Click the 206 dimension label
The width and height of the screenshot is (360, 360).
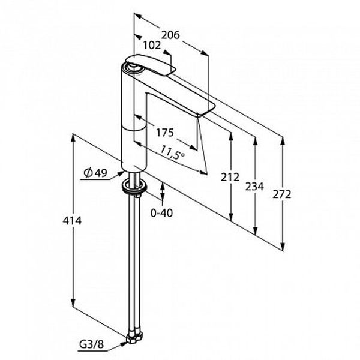pyautogui.click(x=170, y=35)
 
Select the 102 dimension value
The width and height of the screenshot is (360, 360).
pyautogui.click(x=152, y=46)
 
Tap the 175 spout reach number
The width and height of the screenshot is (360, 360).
pyautogui.click(x=165, y=133)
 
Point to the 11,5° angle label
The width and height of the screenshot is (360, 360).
pyautogui.click(x=172, y=152)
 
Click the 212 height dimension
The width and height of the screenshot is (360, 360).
pyautogui.click(x=230, y=177)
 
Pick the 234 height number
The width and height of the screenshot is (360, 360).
pyautogui.click(x=254, y=186)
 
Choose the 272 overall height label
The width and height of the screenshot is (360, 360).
pyautogui.click(x=282, y=194)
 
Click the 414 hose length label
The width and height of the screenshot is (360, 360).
pyautogui.click(x=72, y=221)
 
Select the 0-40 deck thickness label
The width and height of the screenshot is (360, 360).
pyautogui.click(x=161, y=213)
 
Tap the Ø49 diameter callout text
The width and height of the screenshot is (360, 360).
pyautogui.click(x=95, y=173)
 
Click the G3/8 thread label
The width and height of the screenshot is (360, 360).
pyautogui.click(x=92, y=344)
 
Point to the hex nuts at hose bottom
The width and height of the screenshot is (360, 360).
pyautogui.click(x=134, y=338)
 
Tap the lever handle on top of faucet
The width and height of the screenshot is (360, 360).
pyautogui.click(x=151, y=64)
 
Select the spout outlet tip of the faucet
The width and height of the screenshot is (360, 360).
pyautogui.click(x=206, y=109)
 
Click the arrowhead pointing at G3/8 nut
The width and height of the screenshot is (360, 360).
pyautogui.click(x=124, y=344)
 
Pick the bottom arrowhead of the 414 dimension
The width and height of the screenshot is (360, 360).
pyautogui.click(x=73, y=302)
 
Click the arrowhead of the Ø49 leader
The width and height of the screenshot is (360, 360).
pyautogui.click(x=121, y=173)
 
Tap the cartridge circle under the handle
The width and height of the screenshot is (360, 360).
pyautogui.click(x=133, y=68)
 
